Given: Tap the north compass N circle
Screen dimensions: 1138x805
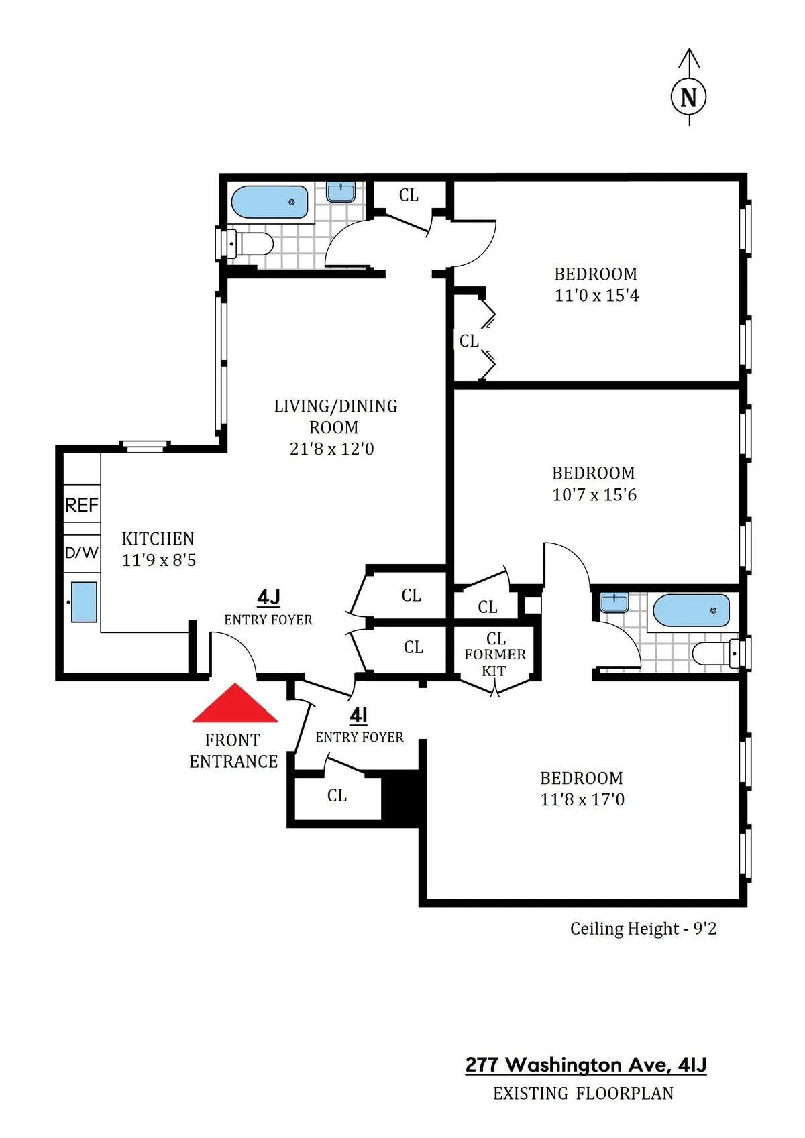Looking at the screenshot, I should point(688,97).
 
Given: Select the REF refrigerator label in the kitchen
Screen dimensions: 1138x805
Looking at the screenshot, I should point(82,505).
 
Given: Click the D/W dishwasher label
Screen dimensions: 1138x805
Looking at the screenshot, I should point(82,553).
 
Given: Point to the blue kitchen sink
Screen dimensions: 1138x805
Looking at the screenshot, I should point(84,602).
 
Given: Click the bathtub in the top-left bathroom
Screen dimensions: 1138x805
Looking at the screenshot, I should point(270,202).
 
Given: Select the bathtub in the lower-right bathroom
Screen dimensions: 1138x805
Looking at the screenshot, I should point(691,610).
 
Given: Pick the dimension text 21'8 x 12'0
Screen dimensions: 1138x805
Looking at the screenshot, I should point(331,449).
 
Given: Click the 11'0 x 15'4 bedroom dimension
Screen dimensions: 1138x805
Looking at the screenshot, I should point(596,296).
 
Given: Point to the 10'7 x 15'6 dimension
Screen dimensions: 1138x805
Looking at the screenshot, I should point(594,495).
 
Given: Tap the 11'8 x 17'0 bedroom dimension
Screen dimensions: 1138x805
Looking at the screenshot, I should point(582,799).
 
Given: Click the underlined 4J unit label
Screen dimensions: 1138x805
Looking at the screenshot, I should point(268,597).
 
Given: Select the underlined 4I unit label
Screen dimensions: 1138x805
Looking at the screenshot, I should point(359,715).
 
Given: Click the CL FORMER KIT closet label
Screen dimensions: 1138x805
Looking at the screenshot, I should point(495,655).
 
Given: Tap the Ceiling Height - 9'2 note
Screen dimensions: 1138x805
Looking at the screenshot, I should point(643,929).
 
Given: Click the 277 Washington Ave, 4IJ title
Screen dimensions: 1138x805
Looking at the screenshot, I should point(586,1064).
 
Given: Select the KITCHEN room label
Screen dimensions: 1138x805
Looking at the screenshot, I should point(158,538).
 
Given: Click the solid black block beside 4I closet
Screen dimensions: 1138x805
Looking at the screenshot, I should point(401,795).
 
